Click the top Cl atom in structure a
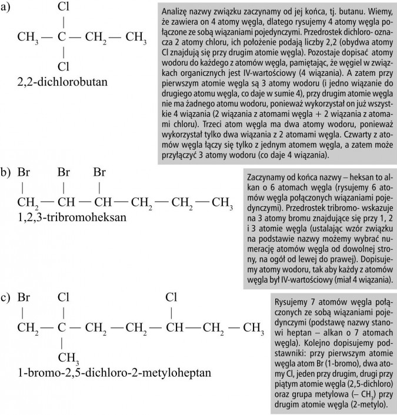click(x=65, y=8)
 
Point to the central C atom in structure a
click(x=62, y=38)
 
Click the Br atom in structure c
click(x=24, y=297)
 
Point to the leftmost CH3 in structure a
click(x=28, y=39)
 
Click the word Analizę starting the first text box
click(x=177, y=12)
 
